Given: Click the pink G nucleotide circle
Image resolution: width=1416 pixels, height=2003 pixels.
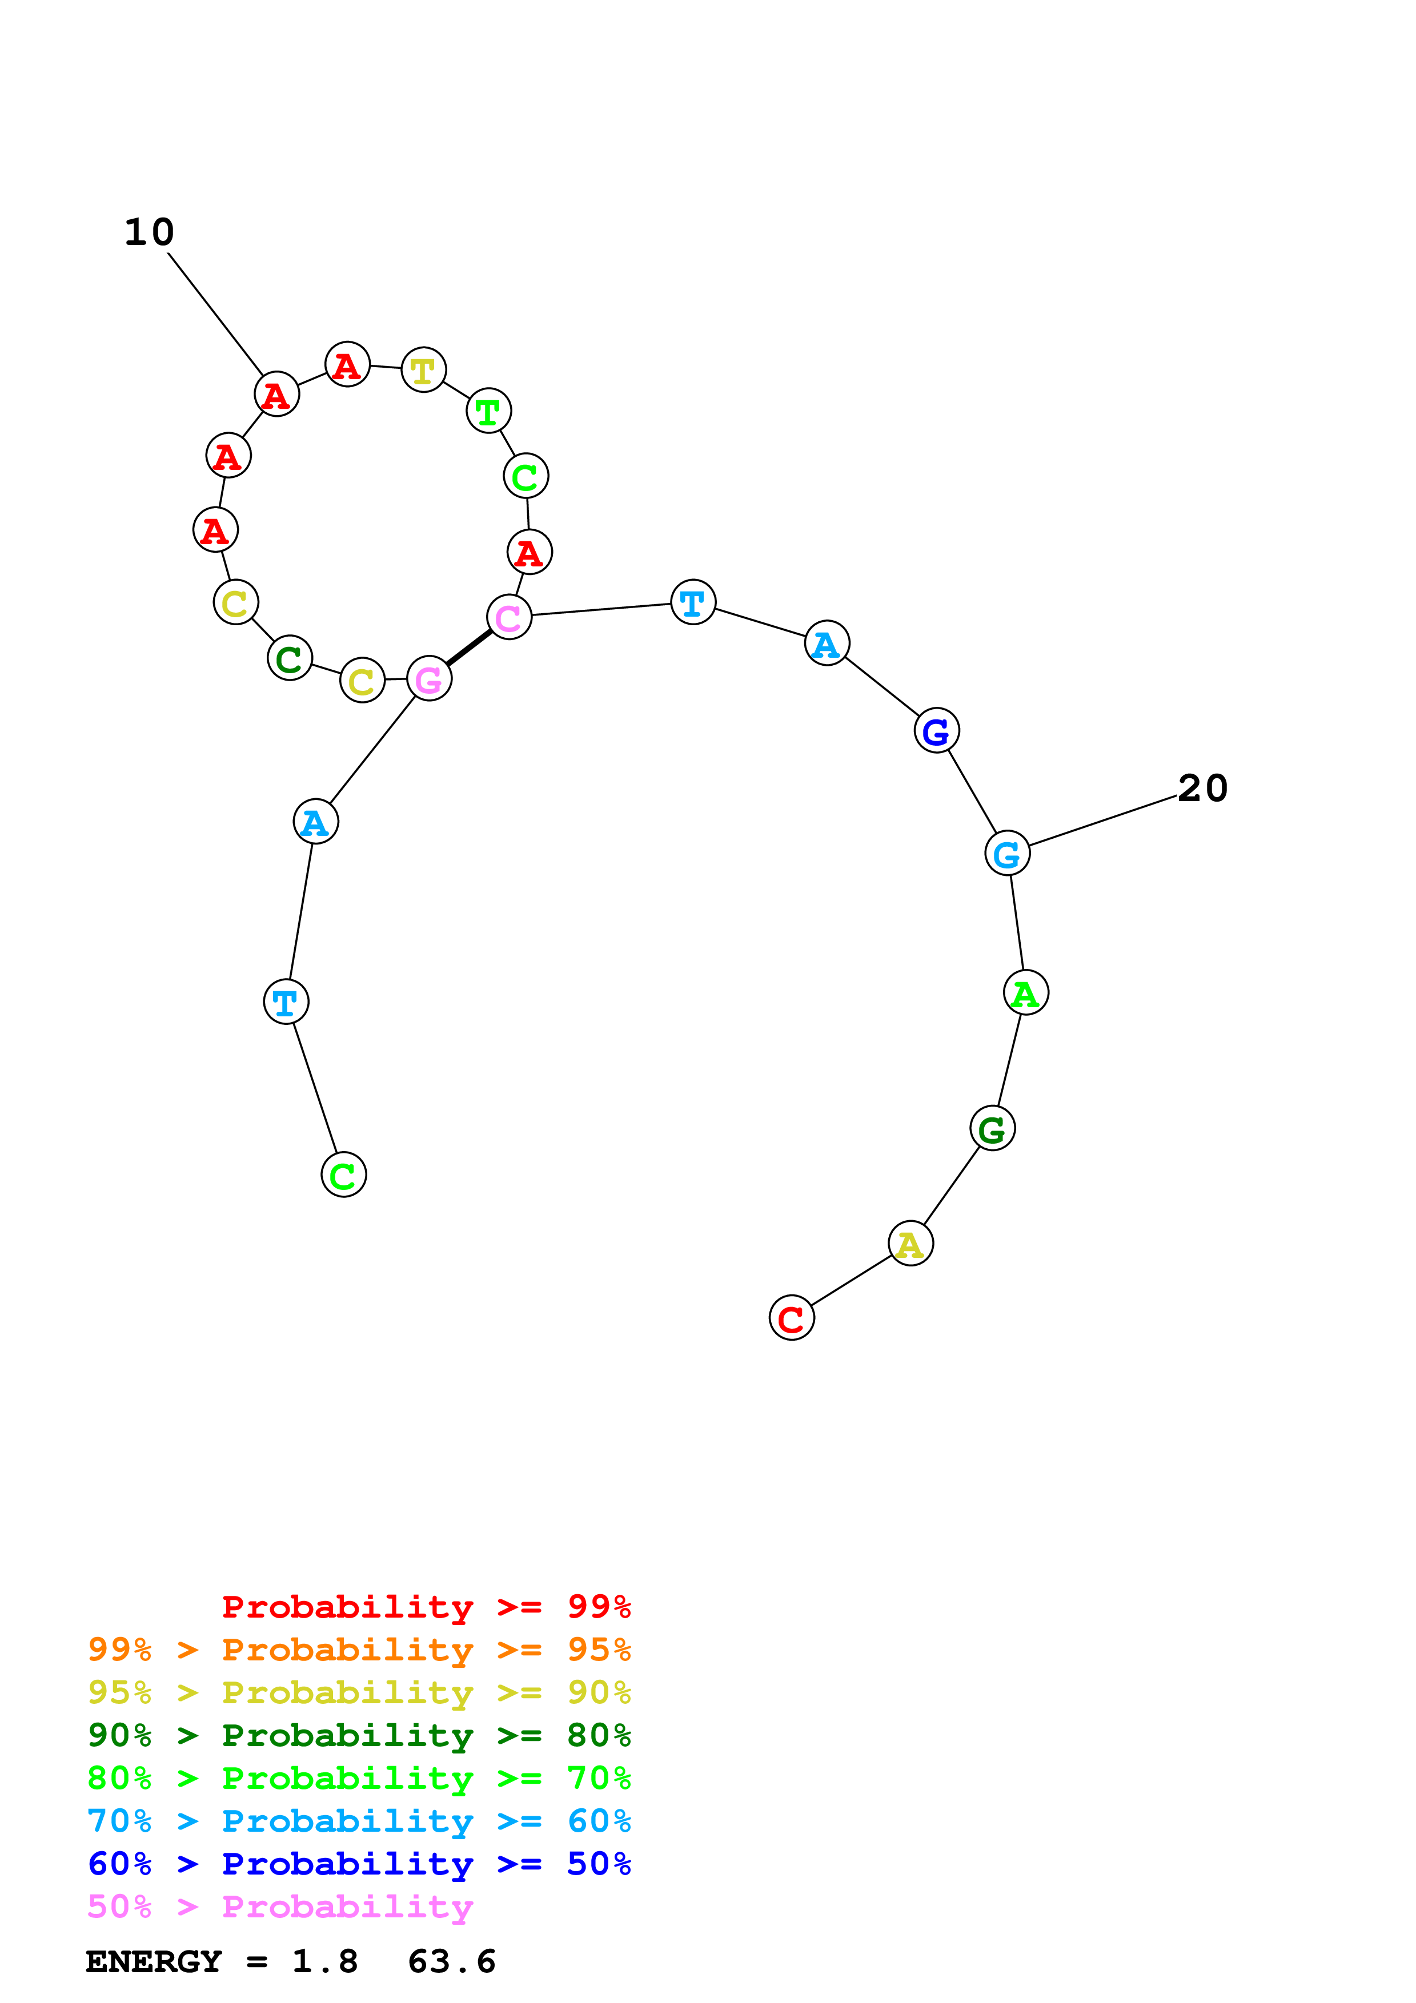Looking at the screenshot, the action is tap(428, 679).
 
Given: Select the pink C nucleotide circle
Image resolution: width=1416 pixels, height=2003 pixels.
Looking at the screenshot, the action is tap(508, 617).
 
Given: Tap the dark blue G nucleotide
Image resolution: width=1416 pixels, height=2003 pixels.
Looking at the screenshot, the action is tap(936, 730).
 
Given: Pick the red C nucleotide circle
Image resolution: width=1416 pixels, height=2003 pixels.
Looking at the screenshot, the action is tap(791, 1317).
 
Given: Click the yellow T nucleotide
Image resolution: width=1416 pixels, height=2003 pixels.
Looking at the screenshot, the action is tap(423, 370).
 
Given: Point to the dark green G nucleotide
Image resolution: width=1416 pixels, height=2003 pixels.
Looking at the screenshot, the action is tap(992, 1128).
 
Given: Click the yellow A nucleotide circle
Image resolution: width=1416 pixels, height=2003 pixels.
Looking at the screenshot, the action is tap(910, 1243).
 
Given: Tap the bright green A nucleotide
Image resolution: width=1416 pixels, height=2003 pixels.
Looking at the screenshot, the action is tap(1025, 993).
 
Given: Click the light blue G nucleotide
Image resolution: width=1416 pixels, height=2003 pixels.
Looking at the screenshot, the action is tap(1007, 853).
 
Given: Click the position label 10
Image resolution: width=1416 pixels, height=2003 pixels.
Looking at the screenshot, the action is tap(149, 232).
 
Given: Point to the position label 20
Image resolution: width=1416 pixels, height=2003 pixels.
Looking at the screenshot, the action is tap(1202, 788).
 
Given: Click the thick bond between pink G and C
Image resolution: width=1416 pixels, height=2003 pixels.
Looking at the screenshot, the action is tap(468, 648).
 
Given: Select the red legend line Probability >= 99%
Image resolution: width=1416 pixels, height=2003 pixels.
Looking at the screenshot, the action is tap(426, 1606).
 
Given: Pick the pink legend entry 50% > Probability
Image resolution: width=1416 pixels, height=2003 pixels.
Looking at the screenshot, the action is tap(280, 1905).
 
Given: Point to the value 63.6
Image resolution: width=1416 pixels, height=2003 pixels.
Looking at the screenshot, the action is tap(451, 1961).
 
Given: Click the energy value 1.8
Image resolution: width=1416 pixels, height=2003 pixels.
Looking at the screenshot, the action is tap(324, 1961).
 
